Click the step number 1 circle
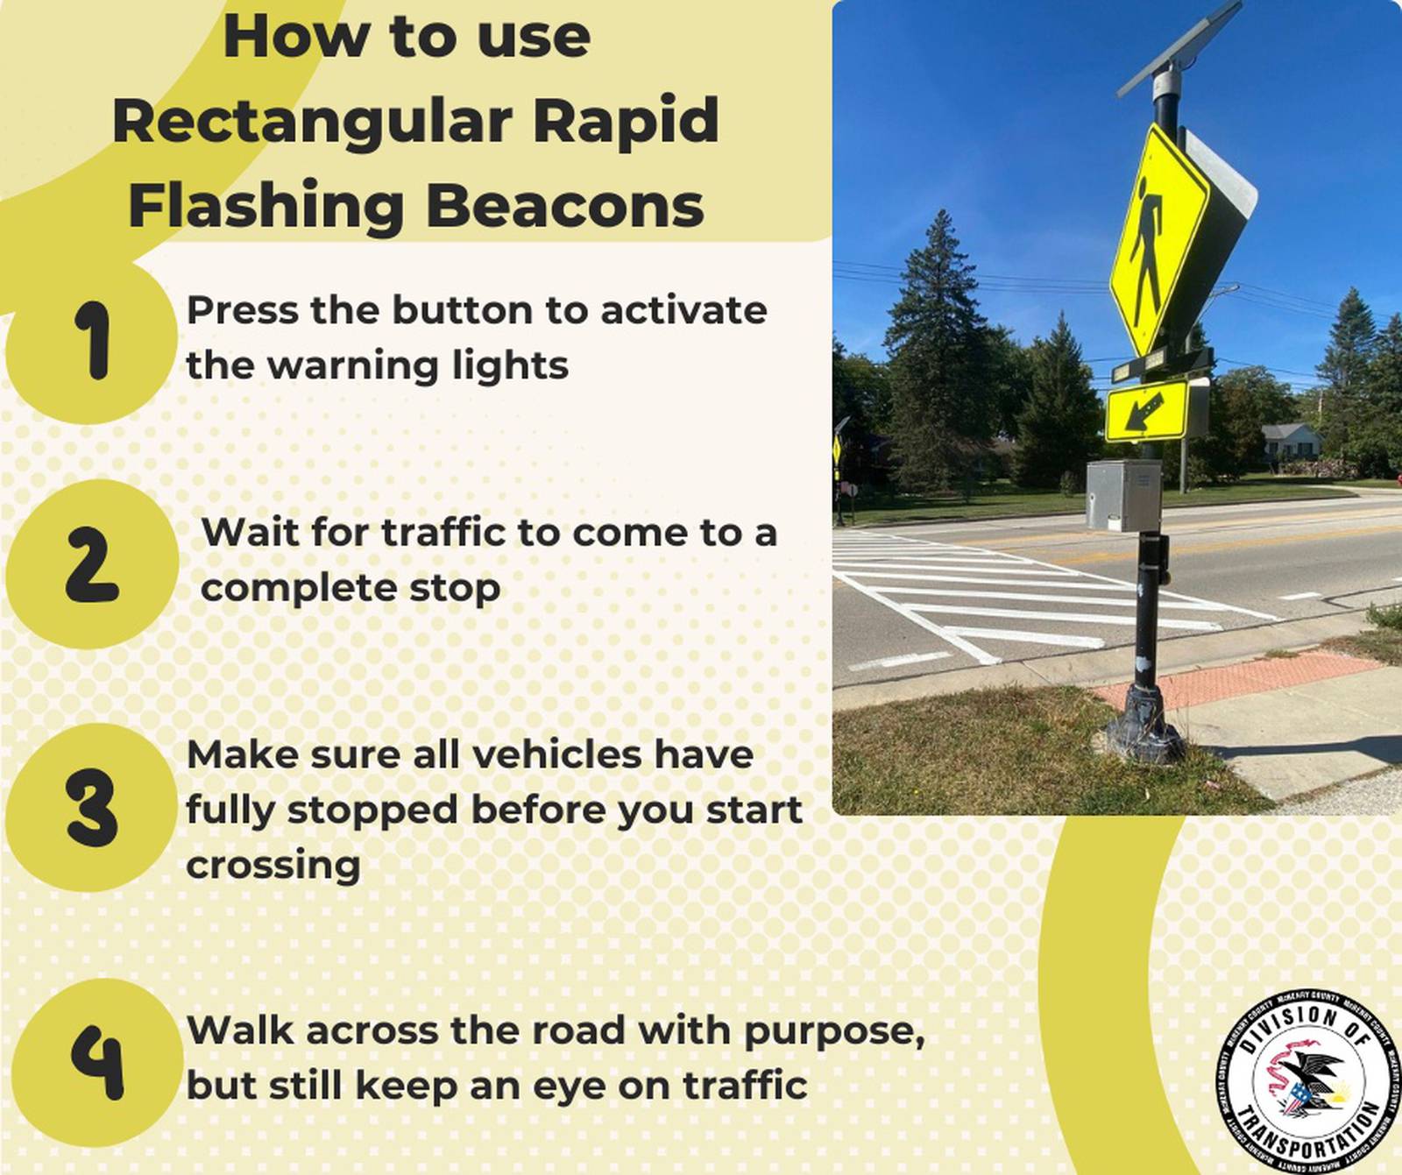(91, 341)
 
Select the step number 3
(91, 807)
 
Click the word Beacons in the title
(564, 207)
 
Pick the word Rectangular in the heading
(312, 123)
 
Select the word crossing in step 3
(273, 866)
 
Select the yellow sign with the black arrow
(1146, 410)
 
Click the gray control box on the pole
(1122, 495)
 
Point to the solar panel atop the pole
(1179, 48)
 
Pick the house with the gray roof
(1291, 442)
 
